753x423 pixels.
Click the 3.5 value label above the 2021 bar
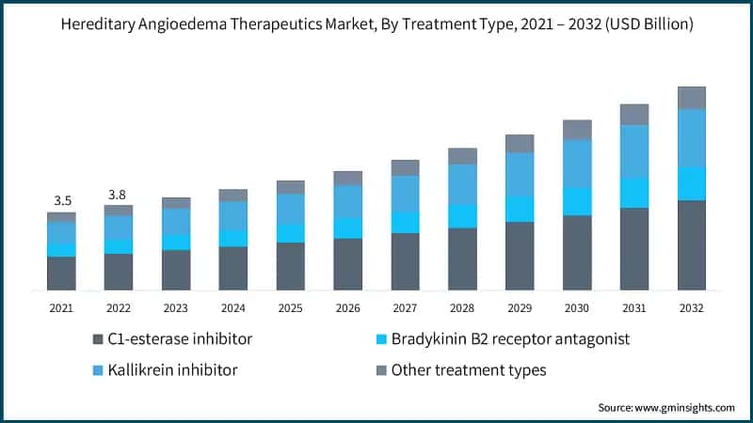pos(62,200)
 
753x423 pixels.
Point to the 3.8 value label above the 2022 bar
pos(119,195)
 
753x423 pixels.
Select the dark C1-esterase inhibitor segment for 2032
pos(692,244)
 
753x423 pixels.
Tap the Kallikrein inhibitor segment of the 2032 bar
pos(692,137)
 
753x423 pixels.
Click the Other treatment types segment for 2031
pos(634,115)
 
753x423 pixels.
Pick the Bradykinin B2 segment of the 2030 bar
pos(577,201)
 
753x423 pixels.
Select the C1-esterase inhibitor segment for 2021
pos(62,273)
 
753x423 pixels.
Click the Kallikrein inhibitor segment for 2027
pos(406,194)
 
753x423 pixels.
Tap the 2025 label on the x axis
pos(291,307)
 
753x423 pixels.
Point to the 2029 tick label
pos(520,307)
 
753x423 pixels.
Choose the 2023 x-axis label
pos(176,307)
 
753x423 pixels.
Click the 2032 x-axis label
pos(692,307)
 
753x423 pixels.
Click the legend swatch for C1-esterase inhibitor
pos(97,338)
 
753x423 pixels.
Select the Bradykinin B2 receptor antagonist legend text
pos(510,338)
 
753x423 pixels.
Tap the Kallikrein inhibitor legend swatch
pos(97,370)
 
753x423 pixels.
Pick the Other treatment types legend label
pos(468,370)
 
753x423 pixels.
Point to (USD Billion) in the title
pos(644,25)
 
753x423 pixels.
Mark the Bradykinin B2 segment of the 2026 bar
pos(348,228)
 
